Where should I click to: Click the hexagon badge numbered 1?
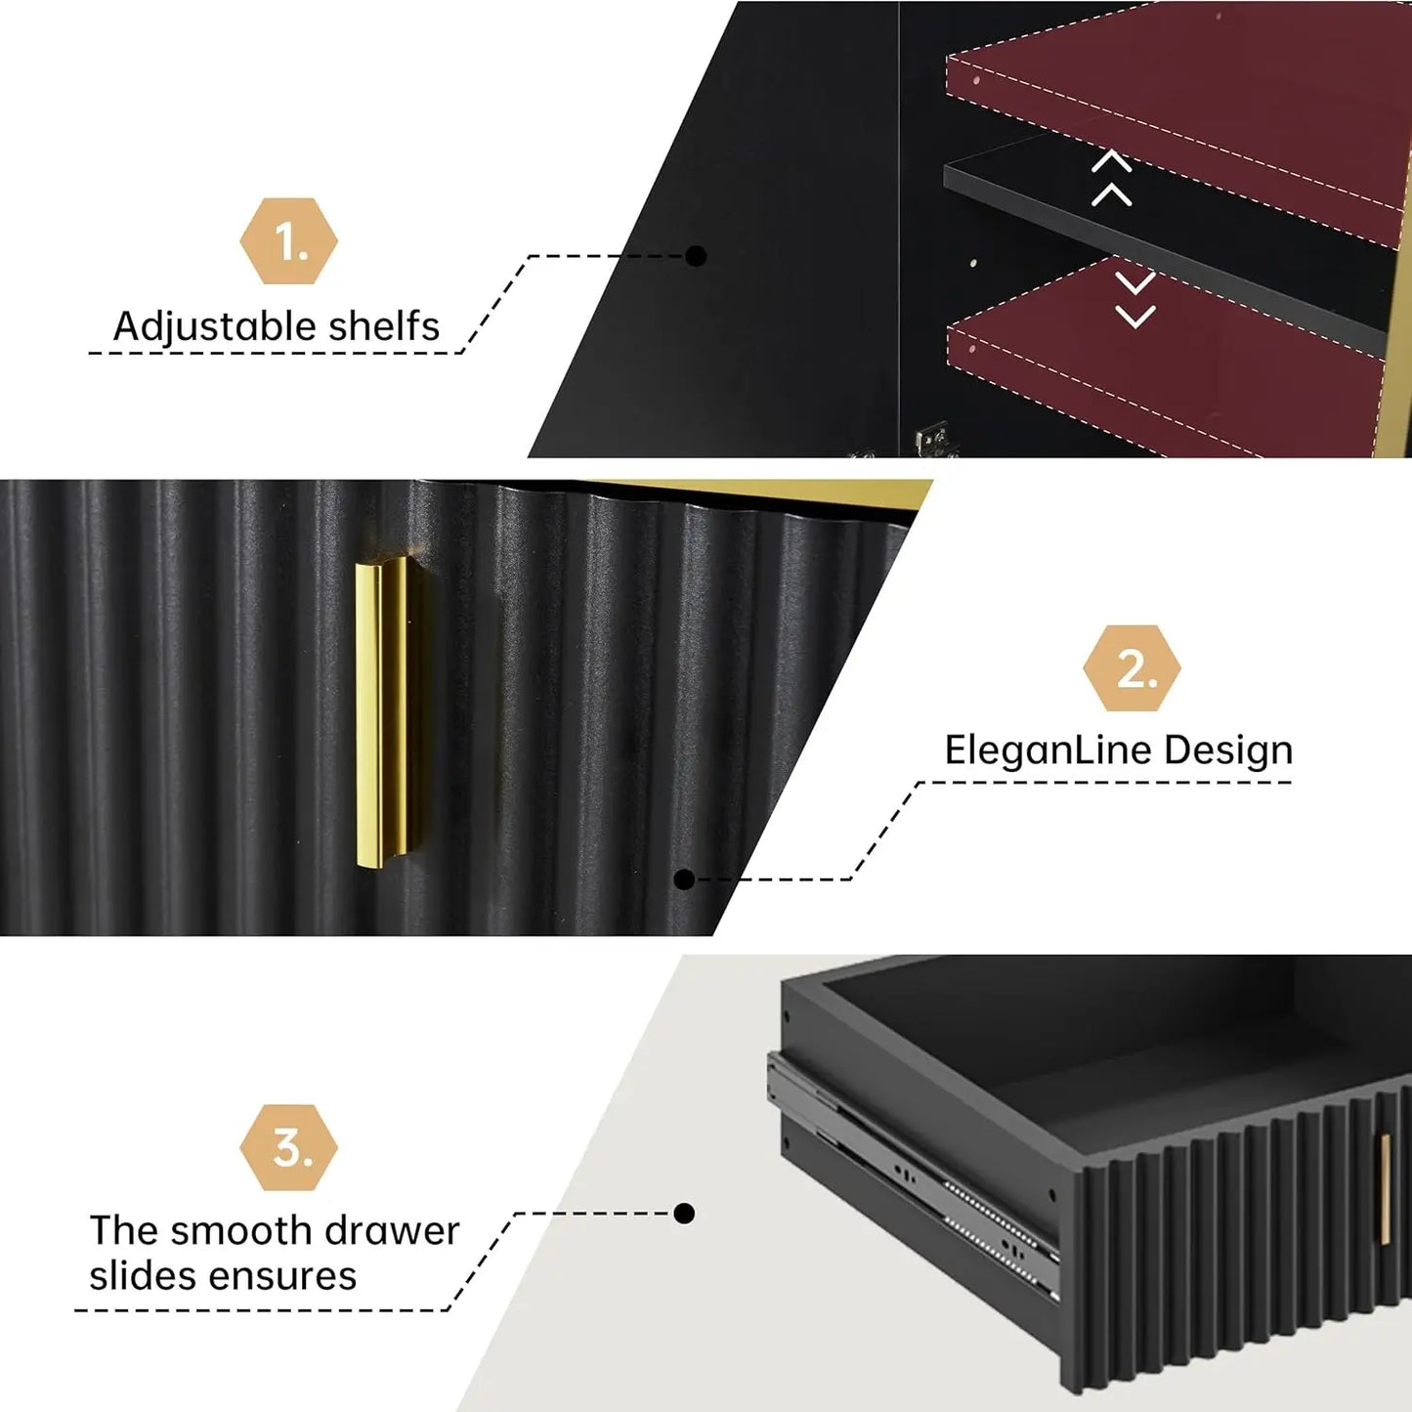288,241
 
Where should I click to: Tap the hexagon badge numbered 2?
1132,667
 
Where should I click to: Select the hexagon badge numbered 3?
288,1147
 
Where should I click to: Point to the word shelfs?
384,325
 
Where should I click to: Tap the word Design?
1228,751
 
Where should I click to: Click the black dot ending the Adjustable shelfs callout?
696,256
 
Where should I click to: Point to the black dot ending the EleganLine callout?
684,879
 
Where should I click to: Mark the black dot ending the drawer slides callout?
684,1214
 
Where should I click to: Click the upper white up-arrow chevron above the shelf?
1112,161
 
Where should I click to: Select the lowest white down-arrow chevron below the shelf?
1135,317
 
